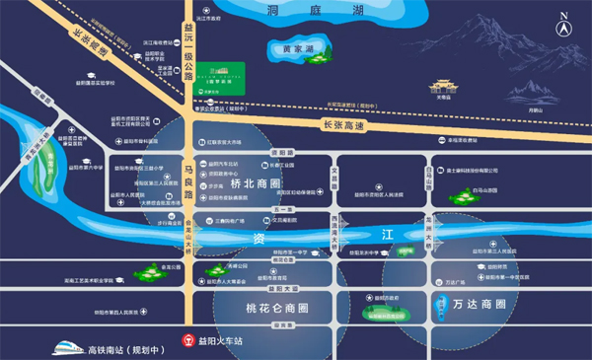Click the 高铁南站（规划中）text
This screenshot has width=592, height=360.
[x=122, y=348]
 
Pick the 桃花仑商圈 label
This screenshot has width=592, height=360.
[x=258, y=308]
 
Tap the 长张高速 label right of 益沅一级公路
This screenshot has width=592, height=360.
[x=344, y=124]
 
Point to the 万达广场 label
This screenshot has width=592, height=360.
[x=455, y=283]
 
